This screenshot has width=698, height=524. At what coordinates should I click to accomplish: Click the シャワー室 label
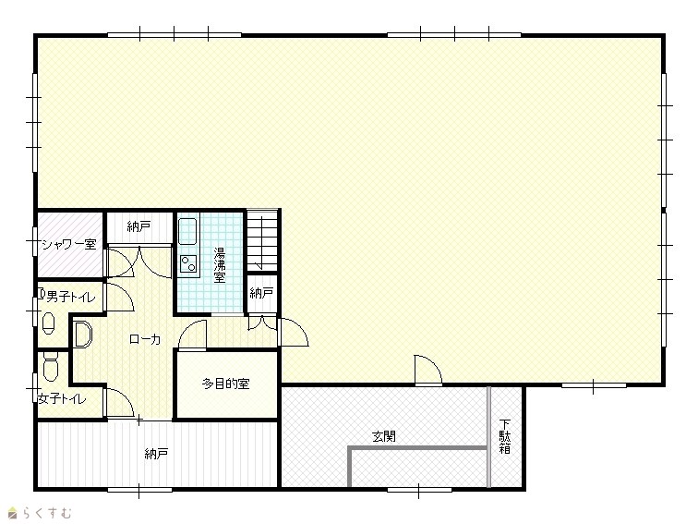(x=69, y=244)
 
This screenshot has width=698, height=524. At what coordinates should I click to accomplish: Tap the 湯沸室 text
(x=220, y=265)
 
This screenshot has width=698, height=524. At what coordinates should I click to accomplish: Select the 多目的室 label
(x=225, y=384)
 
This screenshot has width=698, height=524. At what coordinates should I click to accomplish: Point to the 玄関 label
(x=384, y=436)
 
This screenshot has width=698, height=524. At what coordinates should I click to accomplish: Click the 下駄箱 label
(x=504, y=436)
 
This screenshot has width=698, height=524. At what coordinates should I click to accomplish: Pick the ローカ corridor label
(x=145, y=339)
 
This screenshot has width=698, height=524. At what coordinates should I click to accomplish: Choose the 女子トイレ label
(x=62, y=398)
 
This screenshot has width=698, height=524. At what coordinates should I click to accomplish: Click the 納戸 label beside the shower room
(x=138, y=226)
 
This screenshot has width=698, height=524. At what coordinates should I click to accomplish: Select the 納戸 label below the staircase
(x=261, y=293)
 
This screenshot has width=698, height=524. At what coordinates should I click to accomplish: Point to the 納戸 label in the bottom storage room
(x=156, y=454)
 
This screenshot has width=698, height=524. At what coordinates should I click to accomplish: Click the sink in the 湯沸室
(x=187, y=231)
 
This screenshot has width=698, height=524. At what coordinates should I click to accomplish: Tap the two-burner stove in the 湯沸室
(x=188, y=263)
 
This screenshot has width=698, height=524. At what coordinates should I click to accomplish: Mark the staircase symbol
(x=262, y=240)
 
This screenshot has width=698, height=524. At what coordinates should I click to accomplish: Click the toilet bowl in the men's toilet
(x=49, y=323)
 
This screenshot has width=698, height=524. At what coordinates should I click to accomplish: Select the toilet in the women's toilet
(x=51, y=365)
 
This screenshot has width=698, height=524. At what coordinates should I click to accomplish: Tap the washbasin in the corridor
(x=82, y=335)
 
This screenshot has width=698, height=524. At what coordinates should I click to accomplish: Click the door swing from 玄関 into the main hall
(x=427, y=370)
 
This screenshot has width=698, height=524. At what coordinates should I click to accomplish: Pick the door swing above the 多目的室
(x=193, y=335)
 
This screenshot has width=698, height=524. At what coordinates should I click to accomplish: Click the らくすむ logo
(x=40, y=513)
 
